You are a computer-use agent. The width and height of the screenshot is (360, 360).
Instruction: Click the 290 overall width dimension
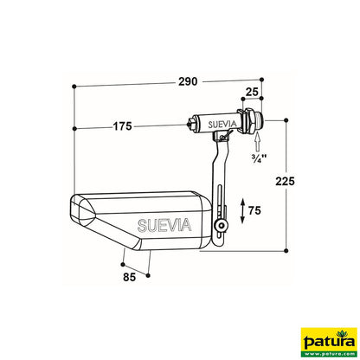(189, 81)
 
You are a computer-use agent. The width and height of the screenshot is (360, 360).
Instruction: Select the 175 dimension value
(122, 127)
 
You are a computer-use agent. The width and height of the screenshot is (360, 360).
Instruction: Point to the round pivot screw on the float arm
(222, 227)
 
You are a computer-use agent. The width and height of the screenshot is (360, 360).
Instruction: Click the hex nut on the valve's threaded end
(250, 124)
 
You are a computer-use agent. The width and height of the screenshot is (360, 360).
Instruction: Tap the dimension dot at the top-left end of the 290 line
(77, 87)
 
